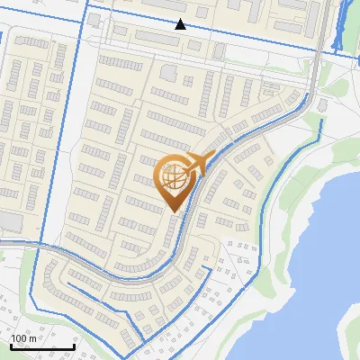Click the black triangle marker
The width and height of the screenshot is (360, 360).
click(x=181, y=24)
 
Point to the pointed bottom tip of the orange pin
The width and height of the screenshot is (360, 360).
click(x=174, y=212)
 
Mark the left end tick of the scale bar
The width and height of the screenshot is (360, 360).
click(x=12, y=346)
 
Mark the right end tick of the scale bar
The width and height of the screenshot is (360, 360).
click(x=74, y=346)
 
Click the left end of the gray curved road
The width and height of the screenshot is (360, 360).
click(x=4, y=243)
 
